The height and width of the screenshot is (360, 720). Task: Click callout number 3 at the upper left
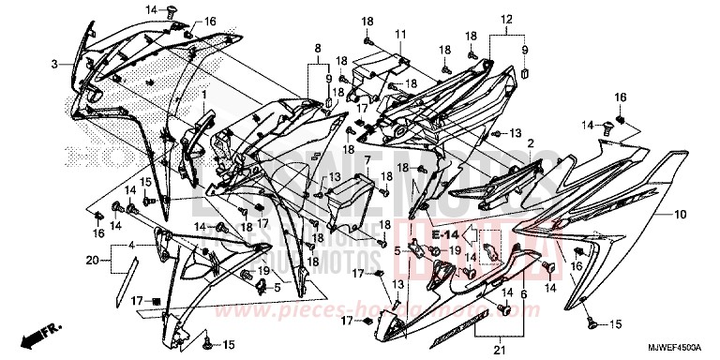54,64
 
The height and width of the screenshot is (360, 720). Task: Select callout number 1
204,95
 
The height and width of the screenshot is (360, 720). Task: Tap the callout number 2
530,143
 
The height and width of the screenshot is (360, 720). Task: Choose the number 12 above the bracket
506,20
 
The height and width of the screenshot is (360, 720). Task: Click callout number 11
400,35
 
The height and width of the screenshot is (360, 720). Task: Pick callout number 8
318,46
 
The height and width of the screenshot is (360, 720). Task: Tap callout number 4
131,246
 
